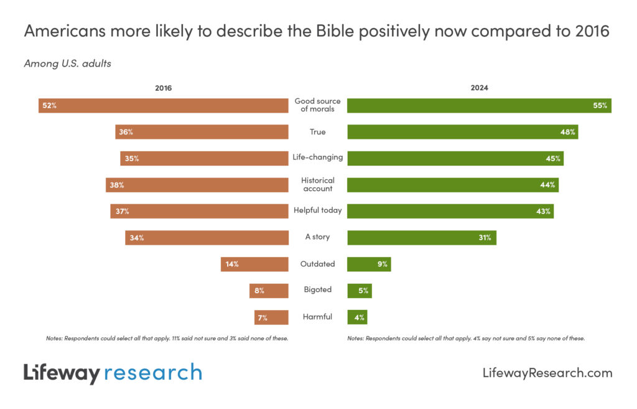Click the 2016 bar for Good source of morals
coord(163,105)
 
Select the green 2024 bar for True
coord(462,132)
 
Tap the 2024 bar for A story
coord(421,237)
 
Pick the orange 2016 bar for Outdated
coord(254,264)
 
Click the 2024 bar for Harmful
coord(357,317)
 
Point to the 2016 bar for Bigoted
coord(269,290)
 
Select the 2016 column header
coord(163,88)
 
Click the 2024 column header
coord(479,88)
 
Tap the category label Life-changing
coord(318,157)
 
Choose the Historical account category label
coord(318,184)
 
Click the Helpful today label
coord(318,210)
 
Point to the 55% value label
coord(600,105)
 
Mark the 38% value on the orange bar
coord(117,185)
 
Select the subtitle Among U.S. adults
coord(67,63)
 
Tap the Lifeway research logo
coord(113,373)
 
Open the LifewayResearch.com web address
coord(547,373)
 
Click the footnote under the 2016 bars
coord(167,339)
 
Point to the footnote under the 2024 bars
coord(466,339)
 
